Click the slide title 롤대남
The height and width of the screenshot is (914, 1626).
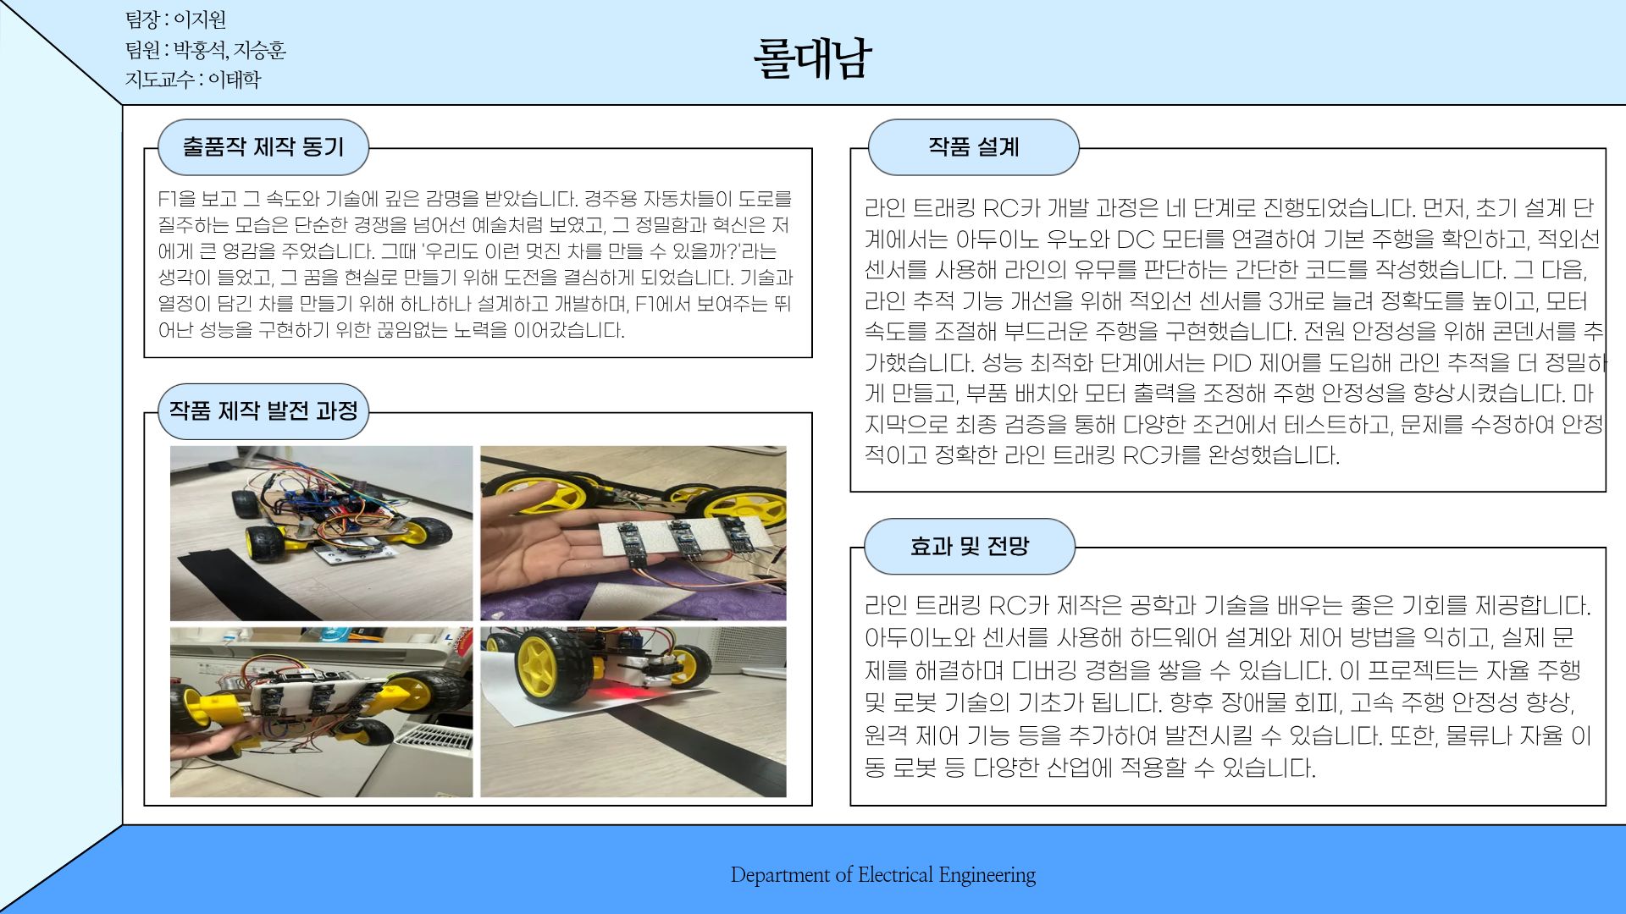click(811, 58)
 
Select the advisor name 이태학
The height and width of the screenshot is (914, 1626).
click(235, 80)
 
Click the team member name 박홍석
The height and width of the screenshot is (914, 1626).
click(199, 50)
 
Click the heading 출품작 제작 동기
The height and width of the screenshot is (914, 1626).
click(263, 147)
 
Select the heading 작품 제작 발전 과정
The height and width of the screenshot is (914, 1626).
click(263, 411)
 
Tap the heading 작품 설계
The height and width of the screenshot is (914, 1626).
click(973, 147)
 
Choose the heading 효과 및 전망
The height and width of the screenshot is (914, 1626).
click(969, 547)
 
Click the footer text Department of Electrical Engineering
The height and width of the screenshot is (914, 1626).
click(882, 875)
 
